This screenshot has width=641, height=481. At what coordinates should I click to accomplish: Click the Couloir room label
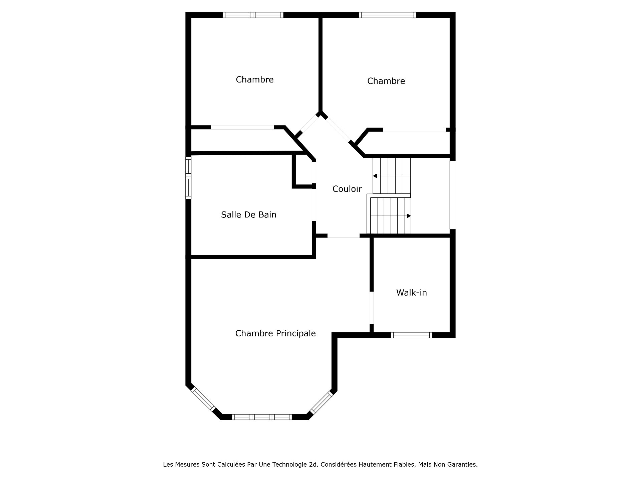pos(347,189)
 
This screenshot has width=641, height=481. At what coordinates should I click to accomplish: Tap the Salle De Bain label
pos(248,214)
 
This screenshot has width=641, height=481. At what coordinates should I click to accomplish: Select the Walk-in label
pos(411,293)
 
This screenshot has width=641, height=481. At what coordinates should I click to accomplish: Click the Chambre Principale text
pos(275,333)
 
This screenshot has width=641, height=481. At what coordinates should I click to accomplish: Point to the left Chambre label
pos(254,79)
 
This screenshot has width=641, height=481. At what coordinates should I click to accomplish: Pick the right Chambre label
pos(386,81)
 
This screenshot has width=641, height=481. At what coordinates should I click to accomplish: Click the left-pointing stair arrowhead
pos(375,176)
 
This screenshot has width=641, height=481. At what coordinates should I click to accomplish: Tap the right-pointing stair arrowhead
pos(409,216)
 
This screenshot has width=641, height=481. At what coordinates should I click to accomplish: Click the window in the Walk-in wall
pos(411,335)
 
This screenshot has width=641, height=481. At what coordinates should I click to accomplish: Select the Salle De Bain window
pos(188,178)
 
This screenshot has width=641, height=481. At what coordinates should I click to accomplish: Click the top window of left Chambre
pos(253,15)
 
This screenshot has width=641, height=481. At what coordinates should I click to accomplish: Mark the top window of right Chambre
pos(387,15)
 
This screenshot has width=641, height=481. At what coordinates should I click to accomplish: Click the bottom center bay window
pos(262,417)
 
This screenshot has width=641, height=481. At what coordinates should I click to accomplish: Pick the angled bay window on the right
pos(321,403)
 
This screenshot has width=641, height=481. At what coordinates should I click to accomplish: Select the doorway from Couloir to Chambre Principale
pos(343,236)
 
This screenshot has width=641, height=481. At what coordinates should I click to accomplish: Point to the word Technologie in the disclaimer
pos(289,465)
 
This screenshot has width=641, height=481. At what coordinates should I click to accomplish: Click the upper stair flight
pos(392,176)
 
